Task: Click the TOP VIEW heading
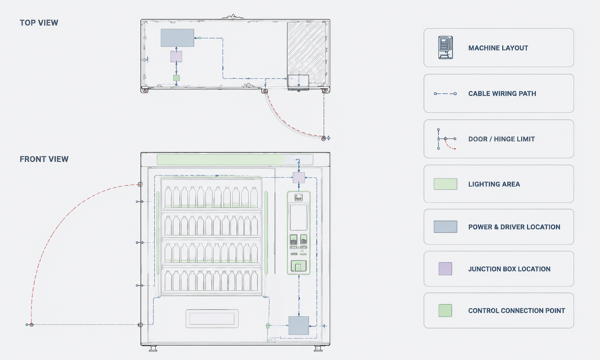point(39,23)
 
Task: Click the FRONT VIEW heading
point(44,159)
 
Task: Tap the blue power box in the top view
point(177,38)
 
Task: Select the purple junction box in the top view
point(176,57)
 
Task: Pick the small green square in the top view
point(176,78)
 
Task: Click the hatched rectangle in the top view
point(306,53)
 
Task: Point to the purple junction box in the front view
point(299,178)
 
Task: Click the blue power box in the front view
point(299,326)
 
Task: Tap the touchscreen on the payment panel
point(299,217)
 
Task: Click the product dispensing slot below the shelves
point(212,319)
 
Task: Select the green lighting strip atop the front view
point(235,160)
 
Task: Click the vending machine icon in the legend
point(445,47)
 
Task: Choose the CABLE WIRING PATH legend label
point(502,93)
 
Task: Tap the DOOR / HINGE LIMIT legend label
point(501,139)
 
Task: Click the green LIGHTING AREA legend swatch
point(445,184)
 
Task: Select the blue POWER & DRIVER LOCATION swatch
point(445,227)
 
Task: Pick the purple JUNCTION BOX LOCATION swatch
point(445,269)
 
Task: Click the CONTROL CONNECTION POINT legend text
point(517,311)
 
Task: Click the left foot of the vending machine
point(153,349)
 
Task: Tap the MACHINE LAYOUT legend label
point(498,48)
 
